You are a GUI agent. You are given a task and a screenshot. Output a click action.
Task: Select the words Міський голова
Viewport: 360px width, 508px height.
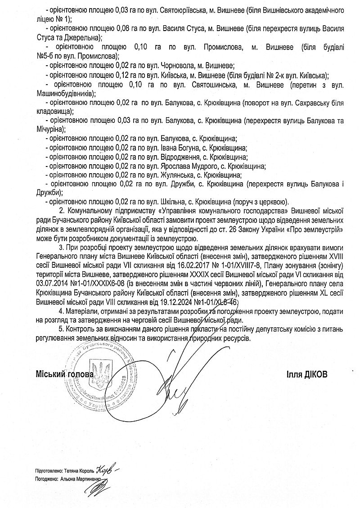pos(65,374)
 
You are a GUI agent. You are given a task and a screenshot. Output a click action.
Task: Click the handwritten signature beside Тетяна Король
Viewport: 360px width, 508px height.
pos(107,470)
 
